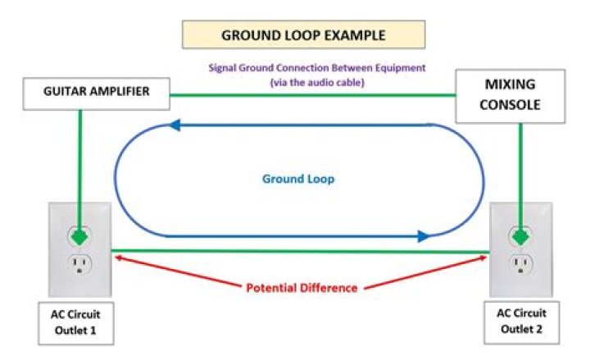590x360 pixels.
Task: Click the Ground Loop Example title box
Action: [303, 36]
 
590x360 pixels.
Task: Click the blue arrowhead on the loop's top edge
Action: [175, 125]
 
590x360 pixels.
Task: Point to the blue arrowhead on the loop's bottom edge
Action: [422, 236]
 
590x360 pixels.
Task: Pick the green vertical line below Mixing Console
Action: [520, 164]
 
